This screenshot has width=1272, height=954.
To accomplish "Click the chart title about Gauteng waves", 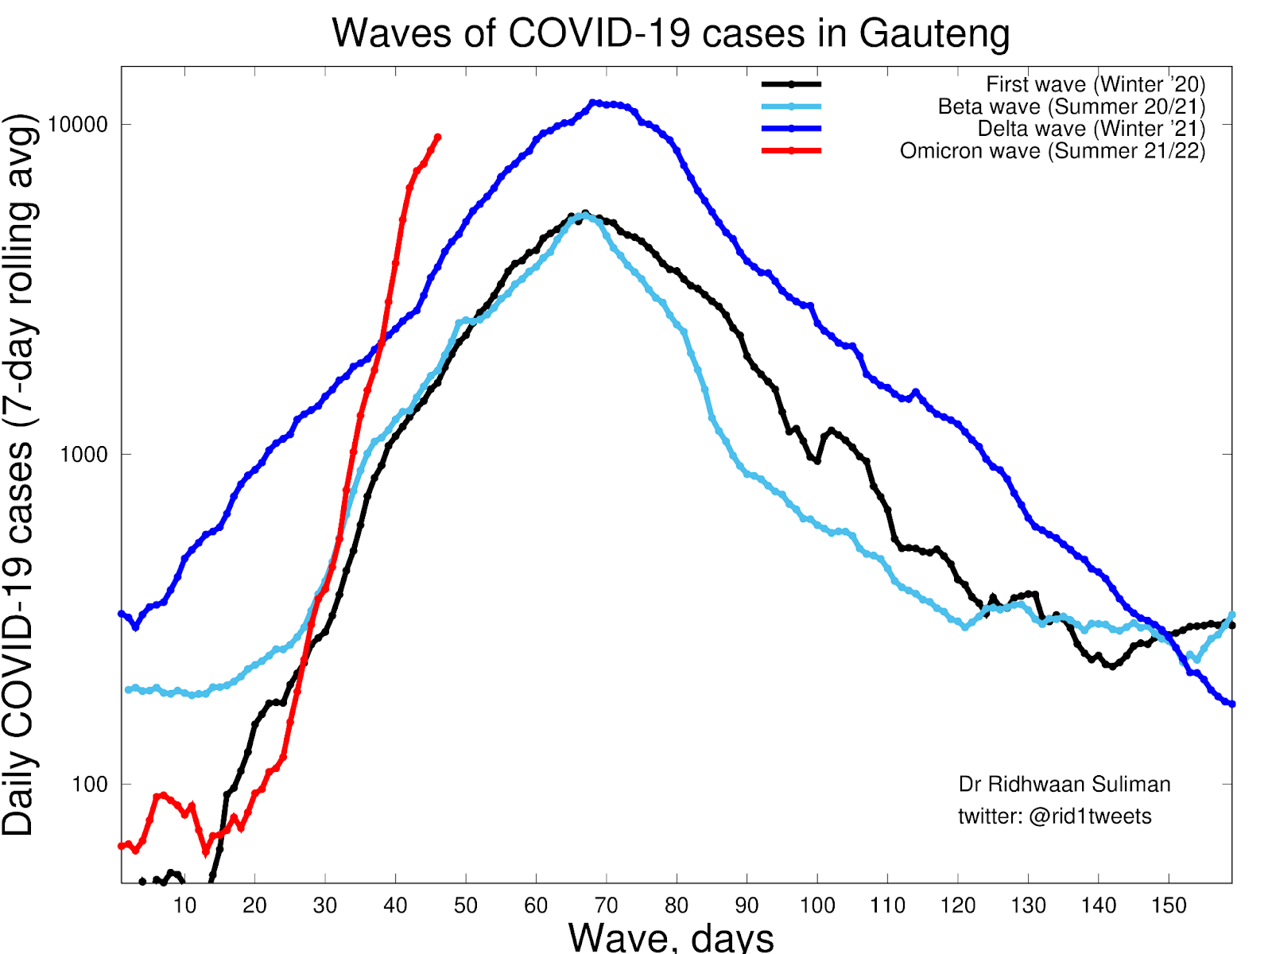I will coord(670,33).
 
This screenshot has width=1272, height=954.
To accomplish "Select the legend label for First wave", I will coord(1095,84).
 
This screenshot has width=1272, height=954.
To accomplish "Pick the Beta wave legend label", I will coord(1071,107).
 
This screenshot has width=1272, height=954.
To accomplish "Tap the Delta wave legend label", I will coord(1091,129).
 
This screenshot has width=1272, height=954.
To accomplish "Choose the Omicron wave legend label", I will coord(1052,151).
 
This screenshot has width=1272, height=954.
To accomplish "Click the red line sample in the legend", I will coord(791,150).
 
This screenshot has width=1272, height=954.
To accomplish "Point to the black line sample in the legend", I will coord(791,83).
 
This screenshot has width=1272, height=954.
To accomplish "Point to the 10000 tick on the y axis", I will coord(77,125).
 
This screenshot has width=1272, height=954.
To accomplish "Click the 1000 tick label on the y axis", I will coord(83,454).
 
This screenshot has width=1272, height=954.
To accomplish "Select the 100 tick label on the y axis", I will coord(89,784).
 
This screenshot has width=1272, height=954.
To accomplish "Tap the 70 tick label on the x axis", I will coord(606,906).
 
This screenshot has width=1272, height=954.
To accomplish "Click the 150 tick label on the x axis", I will coord(1168,906).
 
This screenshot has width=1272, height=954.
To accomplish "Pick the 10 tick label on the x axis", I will coord(184,906).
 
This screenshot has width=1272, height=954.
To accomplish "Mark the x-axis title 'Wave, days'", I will coord(670,937).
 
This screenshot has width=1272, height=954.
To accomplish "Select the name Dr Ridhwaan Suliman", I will coord(1064,785).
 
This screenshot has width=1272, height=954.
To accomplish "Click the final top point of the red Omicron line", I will coord(437,138).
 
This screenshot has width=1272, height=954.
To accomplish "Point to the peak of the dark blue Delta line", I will coord(592,103).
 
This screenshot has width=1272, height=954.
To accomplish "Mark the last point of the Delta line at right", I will coord(1231,704).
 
